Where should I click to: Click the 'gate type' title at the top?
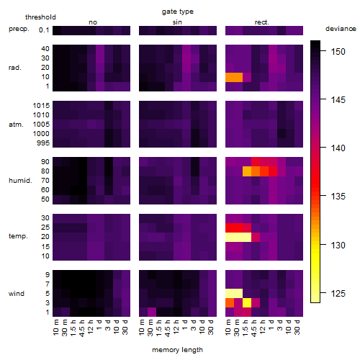[178, 12]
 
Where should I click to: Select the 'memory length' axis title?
[177, 350]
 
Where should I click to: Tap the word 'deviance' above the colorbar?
[341, 29]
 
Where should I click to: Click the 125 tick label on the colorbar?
[338, 293]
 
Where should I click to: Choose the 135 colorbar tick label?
[338, 197]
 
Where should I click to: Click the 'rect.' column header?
[261, 22]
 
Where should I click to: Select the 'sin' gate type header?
[177, 22]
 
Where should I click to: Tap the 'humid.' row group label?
[20, 181]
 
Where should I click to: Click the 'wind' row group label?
[17, 294]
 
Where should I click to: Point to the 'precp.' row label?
[19, 29]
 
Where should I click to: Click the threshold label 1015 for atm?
[41, 106]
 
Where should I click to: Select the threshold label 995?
[43, 143]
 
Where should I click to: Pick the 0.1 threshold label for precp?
[44, 30]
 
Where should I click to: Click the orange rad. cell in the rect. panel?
[234, 77]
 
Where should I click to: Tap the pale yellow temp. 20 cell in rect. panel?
[238, 237]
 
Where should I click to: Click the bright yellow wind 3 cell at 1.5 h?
[247, 302]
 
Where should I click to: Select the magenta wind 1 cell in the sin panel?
[152, 312]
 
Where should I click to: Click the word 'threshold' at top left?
[40, 17]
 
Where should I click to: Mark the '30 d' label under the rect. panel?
[297, 328]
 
